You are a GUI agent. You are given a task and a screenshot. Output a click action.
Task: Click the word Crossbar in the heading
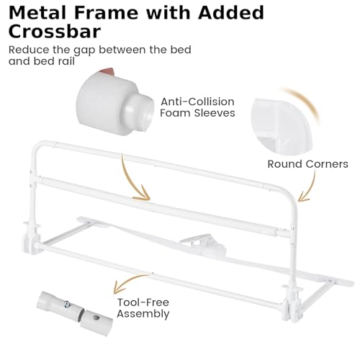55,31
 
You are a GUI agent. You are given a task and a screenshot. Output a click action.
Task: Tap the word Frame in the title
106,12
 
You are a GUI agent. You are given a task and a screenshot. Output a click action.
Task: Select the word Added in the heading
231,12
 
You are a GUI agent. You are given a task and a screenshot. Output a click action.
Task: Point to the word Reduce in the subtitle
29,50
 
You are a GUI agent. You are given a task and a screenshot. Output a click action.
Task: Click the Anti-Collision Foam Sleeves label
197,107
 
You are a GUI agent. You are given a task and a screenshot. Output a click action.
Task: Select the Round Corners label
307,164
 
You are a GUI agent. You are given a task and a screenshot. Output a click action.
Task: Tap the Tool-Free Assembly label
143,308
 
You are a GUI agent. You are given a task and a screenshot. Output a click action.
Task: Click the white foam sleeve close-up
114,102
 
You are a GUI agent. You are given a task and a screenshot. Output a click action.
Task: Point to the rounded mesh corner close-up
282,126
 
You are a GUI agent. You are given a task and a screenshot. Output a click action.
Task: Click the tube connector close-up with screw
74,313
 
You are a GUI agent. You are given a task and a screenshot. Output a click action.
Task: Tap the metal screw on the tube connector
67,305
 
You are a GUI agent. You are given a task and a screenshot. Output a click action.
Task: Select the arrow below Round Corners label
309,186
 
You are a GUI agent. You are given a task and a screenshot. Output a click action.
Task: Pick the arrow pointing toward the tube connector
127,282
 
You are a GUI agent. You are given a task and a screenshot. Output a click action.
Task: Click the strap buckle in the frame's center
204,246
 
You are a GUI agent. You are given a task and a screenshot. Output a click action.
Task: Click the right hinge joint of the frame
292,305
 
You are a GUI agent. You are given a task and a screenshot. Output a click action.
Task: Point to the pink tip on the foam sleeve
107,71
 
